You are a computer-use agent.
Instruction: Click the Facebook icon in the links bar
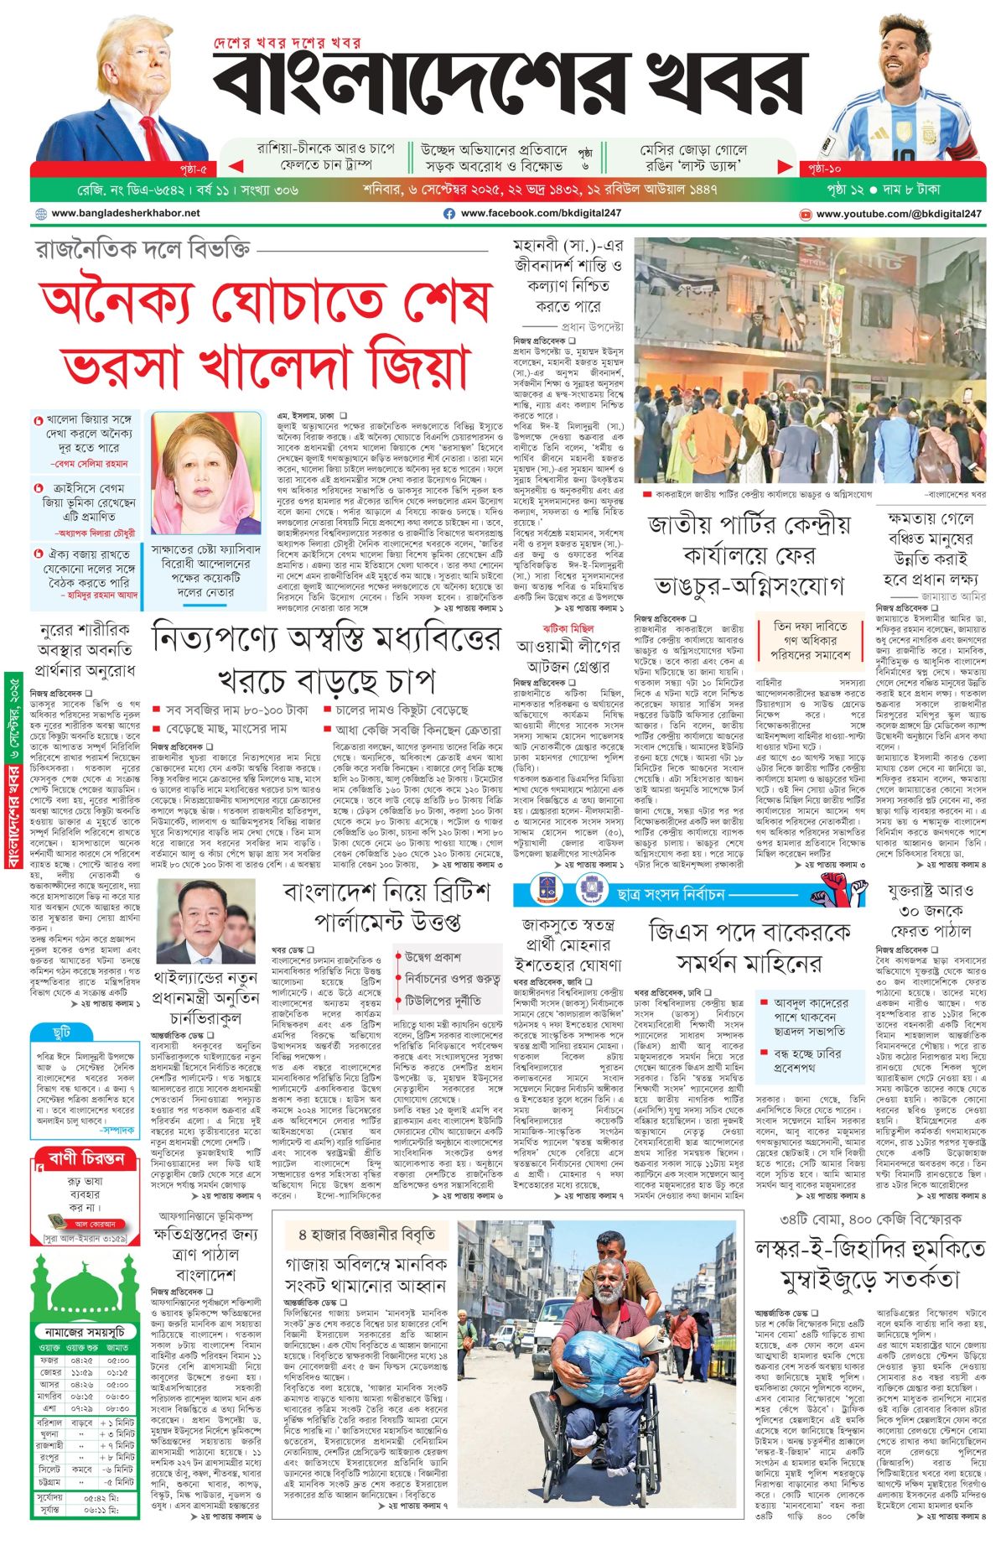[x=449, y=214]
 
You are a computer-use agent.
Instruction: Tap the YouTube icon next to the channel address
[x=806, y=215]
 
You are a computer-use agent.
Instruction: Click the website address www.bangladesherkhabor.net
[x=126, y=214]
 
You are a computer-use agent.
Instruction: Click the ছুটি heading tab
[x=61, y=1033]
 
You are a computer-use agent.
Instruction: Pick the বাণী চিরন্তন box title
[x=86, y=1159]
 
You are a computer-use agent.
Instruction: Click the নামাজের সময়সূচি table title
[x=85, y=1331]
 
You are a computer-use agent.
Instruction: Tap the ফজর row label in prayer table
[x=49, y=1360]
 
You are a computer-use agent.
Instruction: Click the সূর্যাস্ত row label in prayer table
[x=50, y=1509]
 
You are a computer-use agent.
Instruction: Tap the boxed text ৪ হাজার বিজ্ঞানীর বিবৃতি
[x=367, y=1235]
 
